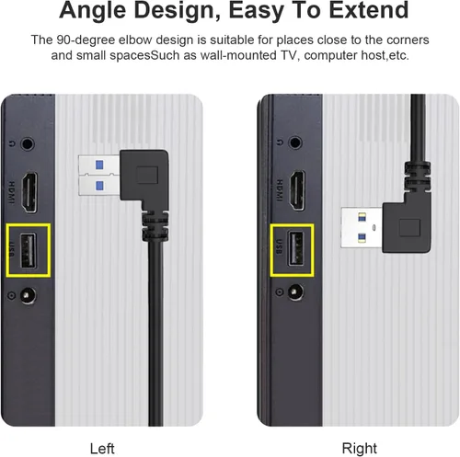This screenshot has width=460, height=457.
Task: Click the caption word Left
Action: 102,449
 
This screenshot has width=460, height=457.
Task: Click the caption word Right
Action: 359,449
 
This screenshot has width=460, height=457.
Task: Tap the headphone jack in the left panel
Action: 28,143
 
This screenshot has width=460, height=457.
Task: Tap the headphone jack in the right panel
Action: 295,143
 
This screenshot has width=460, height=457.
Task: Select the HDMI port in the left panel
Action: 29,192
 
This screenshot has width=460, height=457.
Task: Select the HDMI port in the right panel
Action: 297,190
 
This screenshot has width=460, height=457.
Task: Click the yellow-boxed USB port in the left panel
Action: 29,250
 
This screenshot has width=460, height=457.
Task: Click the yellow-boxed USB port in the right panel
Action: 295,249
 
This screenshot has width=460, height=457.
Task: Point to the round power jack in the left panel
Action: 28,296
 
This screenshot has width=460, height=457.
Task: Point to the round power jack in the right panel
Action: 295,291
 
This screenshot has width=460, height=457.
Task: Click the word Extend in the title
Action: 368,10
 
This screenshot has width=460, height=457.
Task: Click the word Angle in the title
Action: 92,11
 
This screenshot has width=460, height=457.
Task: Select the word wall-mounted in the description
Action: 238,55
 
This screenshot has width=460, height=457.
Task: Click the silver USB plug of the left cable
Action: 99,176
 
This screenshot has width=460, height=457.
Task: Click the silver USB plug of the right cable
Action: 362,227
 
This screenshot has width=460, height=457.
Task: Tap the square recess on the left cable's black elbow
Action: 147,175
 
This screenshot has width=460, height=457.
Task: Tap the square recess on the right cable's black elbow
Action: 409,228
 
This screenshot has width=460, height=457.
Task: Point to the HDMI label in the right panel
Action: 280,190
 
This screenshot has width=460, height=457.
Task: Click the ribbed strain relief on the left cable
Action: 155,225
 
